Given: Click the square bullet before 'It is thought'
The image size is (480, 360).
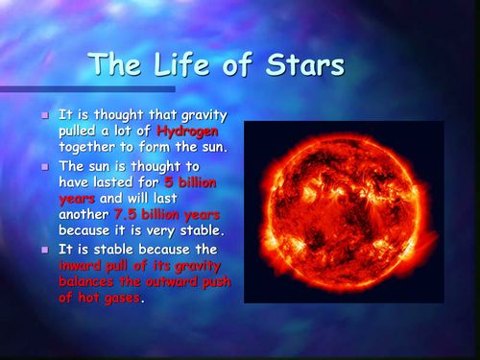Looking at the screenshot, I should click(44, 114).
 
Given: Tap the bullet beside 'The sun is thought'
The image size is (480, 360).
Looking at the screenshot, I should click(44, 166).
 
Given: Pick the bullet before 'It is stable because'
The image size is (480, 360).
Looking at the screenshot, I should click(44, 250).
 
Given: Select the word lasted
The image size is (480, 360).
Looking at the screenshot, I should click(126, 182).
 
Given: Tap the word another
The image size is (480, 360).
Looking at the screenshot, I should click(85, 216).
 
